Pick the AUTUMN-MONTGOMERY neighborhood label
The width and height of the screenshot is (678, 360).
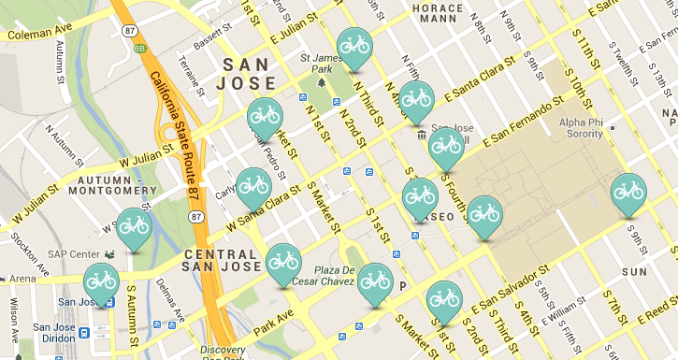(x=116, y=186)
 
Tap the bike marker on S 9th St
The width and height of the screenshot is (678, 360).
(x=628, y=192)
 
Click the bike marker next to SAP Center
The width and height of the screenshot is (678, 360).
(x=134, y=226)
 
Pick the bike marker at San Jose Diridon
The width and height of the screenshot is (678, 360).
(x=101, y=281)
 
